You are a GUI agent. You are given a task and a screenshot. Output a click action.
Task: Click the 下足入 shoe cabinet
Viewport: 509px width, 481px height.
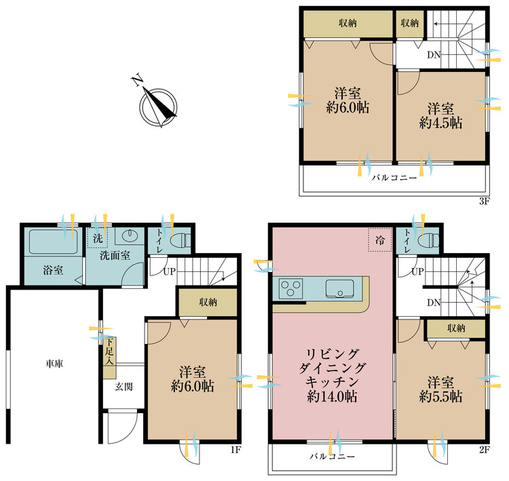coord(108,351)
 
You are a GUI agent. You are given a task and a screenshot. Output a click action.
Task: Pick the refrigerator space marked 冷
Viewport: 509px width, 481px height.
coord(379,239)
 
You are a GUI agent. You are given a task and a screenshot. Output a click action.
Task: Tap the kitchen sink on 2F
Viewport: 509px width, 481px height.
coord(339,288)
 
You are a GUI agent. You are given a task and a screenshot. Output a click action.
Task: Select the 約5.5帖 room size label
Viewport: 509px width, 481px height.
coord(441,396)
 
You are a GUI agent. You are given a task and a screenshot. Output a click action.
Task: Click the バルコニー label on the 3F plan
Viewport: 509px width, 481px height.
coord(393,177)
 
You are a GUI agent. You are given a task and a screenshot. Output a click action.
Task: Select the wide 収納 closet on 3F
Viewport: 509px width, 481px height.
coord(347,23)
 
